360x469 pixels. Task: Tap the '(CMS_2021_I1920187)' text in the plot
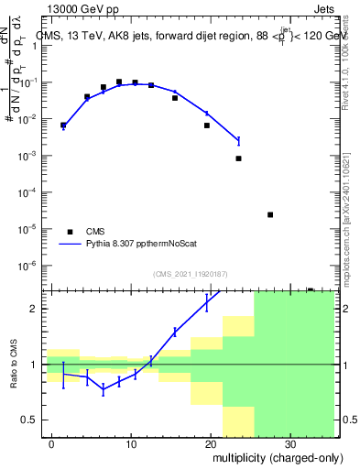pos(190,273)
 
